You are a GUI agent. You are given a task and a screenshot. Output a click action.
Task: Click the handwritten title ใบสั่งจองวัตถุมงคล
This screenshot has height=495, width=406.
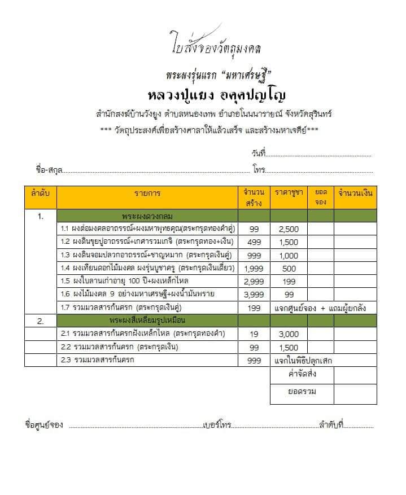(215, 49)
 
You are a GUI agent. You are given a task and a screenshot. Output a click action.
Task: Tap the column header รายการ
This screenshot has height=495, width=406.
(147, 194)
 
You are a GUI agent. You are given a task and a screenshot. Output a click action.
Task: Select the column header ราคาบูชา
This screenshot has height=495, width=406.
(288, 194)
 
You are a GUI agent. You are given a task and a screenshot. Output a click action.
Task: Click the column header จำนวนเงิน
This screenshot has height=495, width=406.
(355, 194)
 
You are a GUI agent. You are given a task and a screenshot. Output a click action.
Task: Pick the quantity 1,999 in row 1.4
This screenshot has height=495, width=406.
(254, 268)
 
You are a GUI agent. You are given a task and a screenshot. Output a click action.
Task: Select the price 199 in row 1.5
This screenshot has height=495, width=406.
(288, 281)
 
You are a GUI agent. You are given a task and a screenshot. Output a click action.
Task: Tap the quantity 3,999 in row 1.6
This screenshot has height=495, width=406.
(254, 294)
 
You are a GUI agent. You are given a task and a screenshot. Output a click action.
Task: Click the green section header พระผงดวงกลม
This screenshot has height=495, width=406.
(147, 216)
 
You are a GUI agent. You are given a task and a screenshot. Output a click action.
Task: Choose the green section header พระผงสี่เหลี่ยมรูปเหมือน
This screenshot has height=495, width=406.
(147, 321)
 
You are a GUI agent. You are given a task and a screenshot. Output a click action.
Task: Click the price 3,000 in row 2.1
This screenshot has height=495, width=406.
(288, 334)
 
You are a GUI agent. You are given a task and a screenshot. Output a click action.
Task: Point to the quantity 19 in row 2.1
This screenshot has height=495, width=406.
(254, 334)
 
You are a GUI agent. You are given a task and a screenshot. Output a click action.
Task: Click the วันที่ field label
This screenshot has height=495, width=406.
(258, 154)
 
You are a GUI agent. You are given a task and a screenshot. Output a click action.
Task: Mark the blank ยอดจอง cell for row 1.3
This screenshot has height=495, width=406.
(320, 255)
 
